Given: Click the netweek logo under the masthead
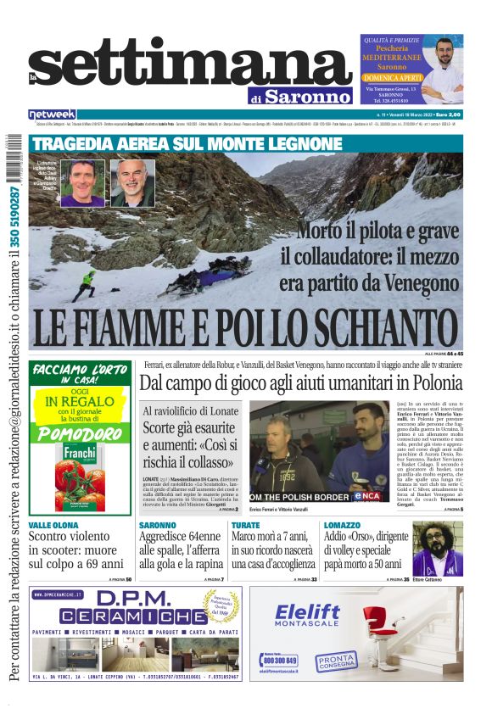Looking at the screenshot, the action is tap(53, 114).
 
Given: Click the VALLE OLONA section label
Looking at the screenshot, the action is tap(54, 526).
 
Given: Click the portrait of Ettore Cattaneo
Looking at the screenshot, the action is tap(438, 549).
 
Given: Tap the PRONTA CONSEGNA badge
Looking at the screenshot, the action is tap(336, 661).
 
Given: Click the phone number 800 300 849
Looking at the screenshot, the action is tap(280, 660).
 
